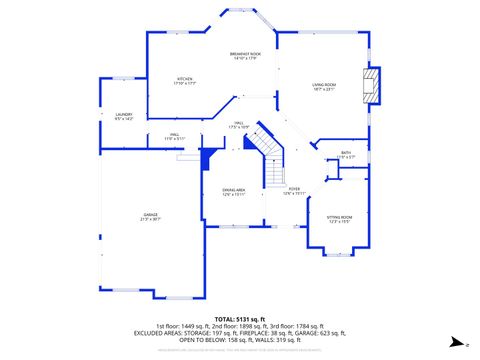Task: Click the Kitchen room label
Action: [185, 78]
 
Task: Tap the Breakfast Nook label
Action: [245, 53]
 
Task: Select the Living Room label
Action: [323, 85]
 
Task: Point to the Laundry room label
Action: [124, 114]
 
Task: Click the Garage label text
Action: [151, 214]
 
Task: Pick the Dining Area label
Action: [234, 190]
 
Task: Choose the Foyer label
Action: [294, 188]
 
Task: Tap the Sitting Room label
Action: [340, 217]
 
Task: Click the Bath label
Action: [345, 153]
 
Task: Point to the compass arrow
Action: [455, 341]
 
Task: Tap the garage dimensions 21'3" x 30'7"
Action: [151, 219]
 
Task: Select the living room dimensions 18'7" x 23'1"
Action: [323, 90]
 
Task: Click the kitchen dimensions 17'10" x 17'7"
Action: [185, 83]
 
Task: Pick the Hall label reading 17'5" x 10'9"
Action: [238, 126]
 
